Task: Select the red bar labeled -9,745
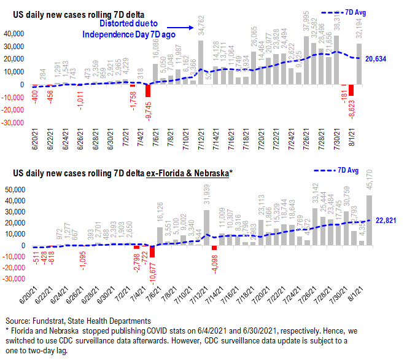[148, 90]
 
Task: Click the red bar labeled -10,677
[152, 251]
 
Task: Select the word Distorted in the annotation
[118, 24]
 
